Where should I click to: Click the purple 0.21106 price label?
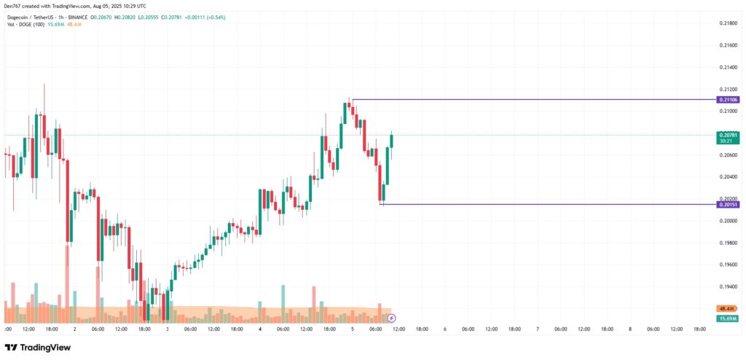coord(728,99)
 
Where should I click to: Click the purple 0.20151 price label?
coord(728,205)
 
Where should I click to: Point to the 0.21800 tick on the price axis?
coord(728,23)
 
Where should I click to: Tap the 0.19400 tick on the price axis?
coord(728,286)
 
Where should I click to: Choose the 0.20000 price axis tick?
coord(728,220)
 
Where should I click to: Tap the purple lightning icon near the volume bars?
coord(392,318)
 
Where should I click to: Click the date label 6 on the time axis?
coord(444,329)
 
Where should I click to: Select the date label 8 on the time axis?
coord(629,329)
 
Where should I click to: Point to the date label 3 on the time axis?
coord(167,329)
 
